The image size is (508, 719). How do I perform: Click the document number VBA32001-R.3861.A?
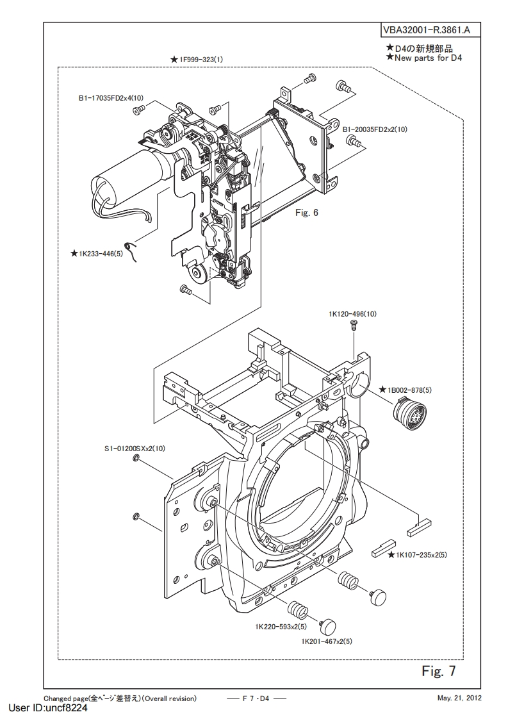click(425, 31)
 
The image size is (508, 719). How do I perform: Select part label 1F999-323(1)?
click(201, 59)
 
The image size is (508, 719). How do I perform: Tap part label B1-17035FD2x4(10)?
click(110, 97)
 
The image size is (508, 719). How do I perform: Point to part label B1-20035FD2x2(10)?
click(375, 129)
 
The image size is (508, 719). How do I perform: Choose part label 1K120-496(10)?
click(352, 314)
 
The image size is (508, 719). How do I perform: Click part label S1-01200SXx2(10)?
click(135, 449)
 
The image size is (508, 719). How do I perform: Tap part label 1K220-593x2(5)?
click(281, 626)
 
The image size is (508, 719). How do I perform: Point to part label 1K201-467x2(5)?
click(327, 641)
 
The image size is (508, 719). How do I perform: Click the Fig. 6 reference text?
click(307, 213)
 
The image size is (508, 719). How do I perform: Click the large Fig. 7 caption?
click(439, 671)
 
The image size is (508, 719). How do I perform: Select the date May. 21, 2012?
click(459, 698)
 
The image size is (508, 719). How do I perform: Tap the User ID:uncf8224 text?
click(48, 708)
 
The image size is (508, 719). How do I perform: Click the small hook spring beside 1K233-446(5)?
click(132, 251)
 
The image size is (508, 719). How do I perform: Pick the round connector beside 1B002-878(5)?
click(404, 409)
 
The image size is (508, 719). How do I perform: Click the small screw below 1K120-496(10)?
click(354, 325)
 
